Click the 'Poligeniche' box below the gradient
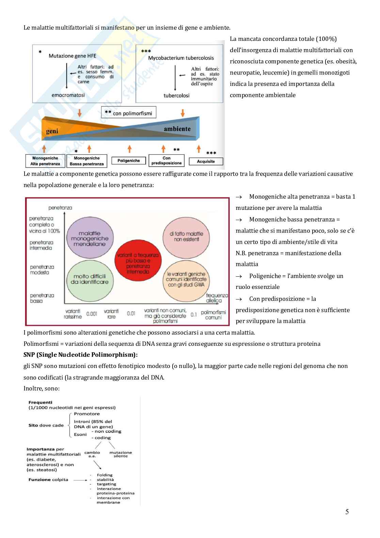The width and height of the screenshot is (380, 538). pyautogui.click(x=128, y=160)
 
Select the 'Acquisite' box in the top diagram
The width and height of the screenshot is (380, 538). pyautogui.click(x=206, y=161)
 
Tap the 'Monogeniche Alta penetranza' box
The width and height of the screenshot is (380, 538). pyautogui.click(x=45, y=161)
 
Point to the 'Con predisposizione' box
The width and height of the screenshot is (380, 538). pyautogui.click(x=167, y=160)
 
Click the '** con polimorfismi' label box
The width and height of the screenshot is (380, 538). pyautogui.click(x=128, y=113)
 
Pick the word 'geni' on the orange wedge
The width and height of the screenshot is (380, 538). pyautogui.click(x=52, y=131)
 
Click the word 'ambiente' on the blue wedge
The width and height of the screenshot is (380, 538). pyautogui.click(x=177, y=129)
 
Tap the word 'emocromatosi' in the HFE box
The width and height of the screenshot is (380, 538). pyautogui.click(x=68, y=95)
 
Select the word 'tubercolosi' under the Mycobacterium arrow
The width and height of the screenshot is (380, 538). pyautogui.click(x=176, y=95)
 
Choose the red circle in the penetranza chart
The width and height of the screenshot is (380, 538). pyautogui.click(x=138, y=260)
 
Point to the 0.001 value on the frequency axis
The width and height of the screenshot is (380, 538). pyautogui.click(x=92, y=314)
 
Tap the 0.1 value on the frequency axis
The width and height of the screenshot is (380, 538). pyautogui.click(x=193, y=314)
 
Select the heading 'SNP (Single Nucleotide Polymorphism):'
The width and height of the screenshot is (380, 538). pyautogui.click(x=80, y=355)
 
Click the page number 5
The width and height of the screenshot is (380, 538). pyautogui.click(x=347, y=511)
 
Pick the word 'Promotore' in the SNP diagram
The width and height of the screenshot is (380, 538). pyautogui.click(x=87, y=414)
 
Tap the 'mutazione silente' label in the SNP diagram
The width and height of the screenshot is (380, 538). pyautogui.click(x=121, y=454)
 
